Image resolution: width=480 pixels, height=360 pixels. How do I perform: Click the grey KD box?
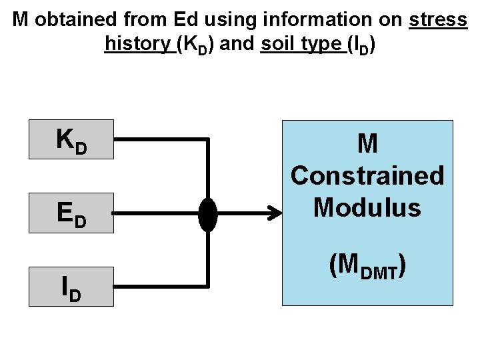(71, 139)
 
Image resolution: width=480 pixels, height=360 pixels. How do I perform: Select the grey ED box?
(71, 213)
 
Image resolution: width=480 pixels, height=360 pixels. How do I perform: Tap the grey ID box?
(71, 287)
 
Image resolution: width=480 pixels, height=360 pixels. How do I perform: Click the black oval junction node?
(208, 214)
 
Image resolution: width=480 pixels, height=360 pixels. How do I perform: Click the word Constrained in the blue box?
(367, 176)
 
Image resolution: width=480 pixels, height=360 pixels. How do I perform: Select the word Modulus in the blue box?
(367, 208)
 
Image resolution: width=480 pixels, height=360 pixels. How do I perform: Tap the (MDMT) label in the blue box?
(367, 266)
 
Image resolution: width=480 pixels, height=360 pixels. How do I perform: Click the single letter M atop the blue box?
(367, 143)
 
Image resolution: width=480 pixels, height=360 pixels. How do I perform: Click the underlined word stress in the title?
(438, 19)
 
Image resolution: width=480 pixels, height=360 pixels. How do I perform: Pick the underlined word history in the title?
(138, 44)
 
